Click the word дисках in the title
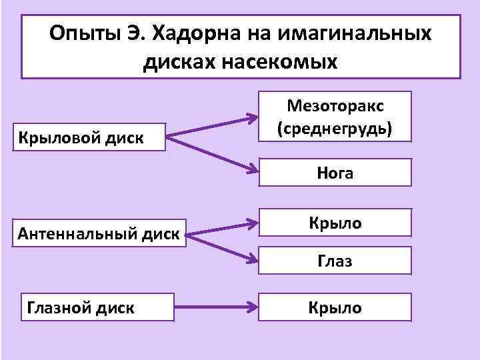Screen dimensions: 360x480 click(x=179, y=62)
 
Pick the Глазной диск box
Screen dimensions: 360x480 click(x=80, y=307)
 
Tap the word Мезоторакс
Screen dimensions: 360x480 click(x=335, y=107)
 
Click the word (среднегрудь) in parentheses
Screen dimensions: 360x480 click(x=335, y=127)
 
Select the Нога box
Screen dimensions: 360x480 click(x=335, y=174)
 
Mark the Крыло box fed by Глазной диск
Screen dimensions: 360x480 click(x=335, y=307)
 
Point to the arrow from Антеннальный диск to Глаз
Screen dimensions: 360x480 click(x=220, y=248)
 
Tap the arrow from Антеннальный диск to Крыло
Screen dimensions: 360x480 click(x=220, y=227)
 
